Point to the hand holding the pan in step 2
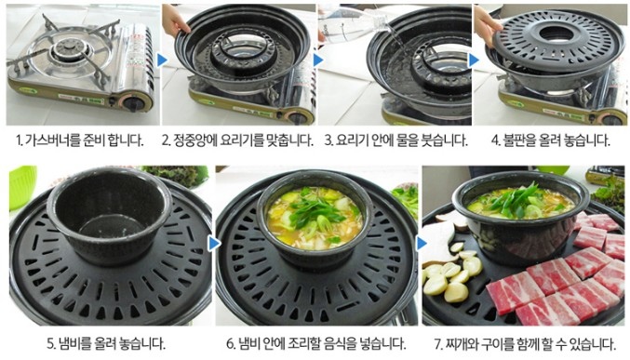pyautogui.click(x=175, y=20)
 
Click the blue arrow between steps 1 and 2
pyautogui.click(x=162, y=60)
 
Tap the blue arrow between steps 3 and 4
pyautogui.click(x=474, y=60)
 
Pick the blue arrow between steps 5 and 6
pyautogui.click(x=215, y=244)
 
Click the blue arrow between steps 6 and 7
pyautogui.click(x=422, y=244)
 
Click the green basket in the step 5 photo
pyautogui.click(x=22, y=186)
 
